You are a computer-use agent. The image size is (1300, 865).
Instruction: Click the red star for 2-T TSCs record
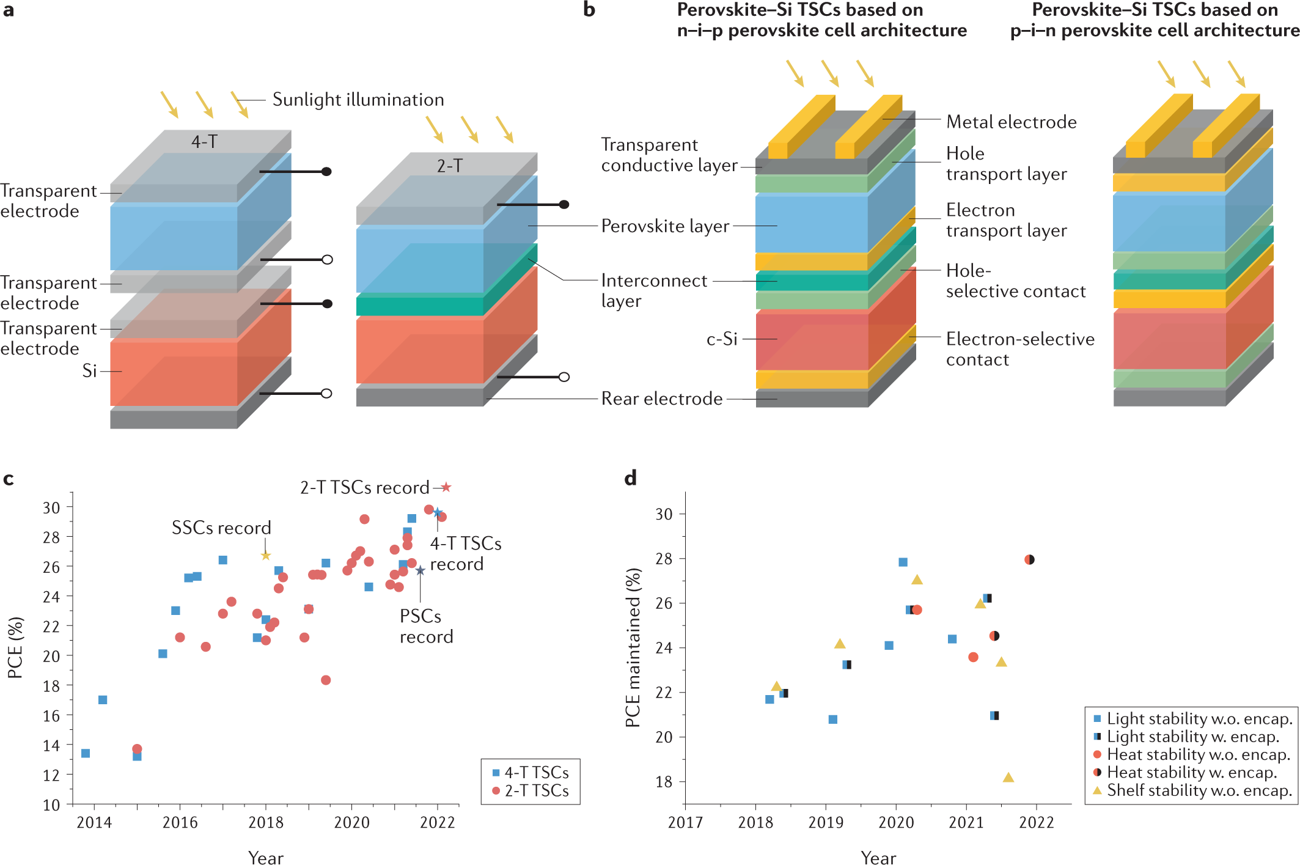point(446,487)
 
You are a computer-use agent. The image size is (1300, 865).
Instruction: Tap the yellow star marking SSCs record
point(265,556)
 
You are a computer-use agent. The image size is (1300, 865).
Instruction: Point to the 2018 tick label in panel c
point(266,822)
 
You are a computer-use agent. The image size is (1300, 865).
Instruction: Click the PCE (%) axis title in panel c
point(15,647)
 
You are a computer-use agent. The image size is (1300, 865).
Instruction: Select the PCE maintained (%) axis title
point(633,647)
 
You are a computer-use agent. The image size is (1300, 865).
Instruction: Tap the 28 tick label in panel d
point(664,559)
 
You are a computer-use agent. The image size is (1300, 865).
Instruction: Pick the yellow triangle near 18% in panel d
point(1008,778)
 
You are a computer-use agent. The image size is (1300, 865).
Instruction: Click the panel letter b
point(589,10)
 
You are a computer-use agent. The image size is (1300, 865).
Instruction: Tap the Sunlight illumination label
point(358,100)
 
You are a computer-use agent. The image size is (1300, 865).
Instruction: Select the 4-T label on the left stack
point(204,142)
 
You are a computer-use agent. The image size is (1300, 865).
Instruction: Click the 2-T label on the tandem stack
point(450,166)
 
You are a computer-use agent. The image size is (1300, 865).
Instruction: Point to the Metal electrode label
point(1011,122)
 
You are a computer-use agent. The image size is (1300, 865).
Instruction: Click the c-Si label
point(722,339)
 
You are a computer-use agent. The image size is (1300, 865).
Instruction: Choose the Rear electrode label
point(661,399)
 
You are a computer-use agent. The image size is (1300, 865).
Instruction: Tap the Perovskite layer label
point(665,226)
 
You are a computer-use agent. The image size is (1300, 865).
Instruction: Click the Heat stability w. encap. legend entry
point(1191,773)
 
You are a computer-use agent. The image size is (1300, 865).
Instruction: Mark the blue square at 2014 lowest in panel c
point(86,753)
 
